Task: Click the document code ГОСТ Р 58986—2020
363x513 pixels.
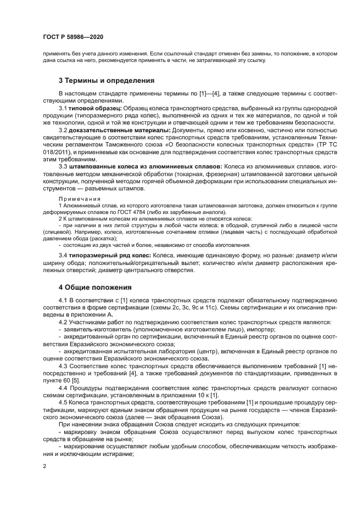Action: pos(73,37)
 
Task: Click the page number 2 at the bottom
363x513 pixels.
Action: pos(44,466)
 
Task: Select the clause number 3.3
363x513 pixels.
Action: pos(63,166)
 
